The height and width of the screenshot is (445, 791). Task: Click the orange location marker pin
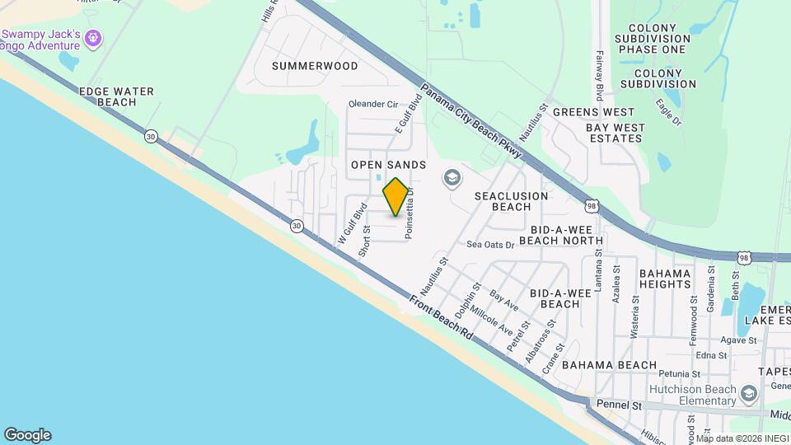(395, 197)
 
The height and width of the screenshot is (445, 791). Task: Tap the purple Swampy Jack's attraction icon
(93, 37)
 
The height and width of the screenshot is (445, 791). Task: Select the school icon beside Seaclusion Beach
(452, 177)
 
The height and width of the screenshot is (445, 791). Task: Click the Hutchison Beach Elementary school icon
(748, 394)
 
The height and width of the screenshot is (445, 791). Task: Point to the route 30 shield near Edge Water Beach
(150, 136)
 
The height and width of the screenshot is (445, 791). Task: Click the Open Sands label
(388, 165)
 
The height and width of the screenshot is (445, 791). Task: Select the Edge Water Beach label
(105, 96)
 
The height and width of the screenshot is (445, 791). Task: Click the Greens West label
(593, 112)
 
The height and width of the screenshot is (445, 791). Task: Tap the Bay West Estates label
(614, 133)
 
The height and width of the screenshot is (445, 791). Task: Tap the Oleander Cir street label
(373, 105)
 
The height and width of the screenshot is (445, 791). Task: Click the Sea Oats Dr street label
(490, 245)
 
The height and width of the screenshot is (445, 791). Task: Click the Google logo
(26, 435)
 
